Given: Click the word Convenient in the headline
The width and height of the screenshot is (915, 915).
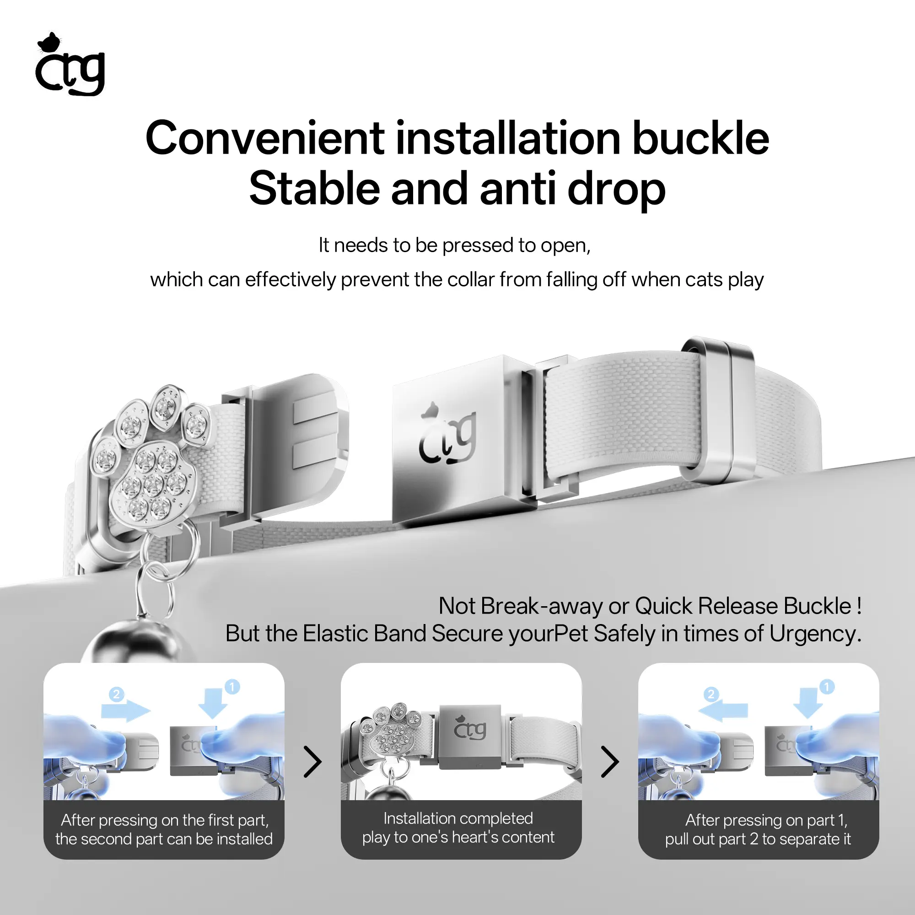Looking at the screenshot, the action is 265,138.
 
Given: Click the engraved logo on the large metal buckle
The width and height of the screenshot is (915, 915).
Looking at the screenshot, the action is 447,433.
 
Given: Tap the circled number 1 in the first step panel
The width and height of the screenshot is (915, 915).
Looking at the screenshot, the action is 232,687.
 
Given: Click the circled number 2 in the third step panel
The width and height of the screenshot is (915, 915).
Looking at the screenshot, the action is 710,694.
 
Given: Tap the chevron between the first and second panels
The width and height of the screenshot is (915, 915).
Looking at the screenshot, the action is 312,762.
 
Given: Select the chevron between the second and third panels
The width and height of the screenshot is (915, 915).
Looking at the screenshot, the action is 610,762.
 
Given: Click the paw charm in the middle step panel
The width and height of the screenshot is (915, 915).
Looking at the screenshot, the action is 390,729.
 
